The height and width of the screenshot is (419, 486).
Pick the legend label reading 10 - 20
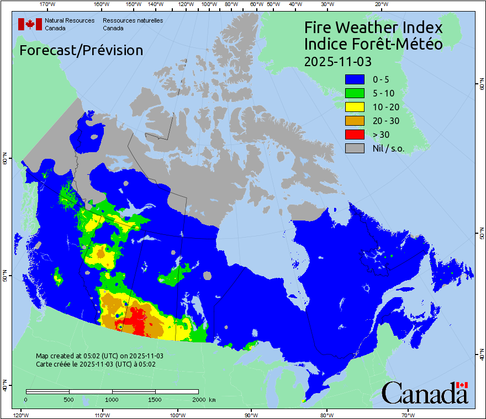point(384,107)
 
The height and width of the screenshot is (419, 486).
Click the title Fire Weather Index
point(373,28)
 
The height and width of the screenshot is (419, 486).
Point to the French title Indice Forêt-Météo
point(373,44)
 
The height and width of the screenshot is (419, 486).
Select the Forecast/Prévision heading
point(81,50)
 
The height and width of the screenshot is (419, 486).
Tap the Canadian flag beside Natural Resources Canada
point(30,24)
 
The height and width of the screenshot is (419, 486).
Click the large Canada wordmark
point(425,393)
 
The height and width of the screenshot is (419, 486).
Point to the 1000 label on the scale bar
point(112,399)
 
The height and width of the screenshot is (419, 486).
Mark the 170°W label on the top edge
point(47,4)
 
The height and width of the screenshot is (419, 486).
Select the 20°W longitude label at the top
point(380,4)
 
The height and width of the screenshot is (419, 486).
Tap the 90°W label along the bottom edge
point(251,415)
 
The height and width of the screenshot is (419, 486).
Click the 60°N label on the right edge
point(480,85)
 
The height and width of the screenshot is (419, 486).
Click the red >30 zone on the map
point(135,320)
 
